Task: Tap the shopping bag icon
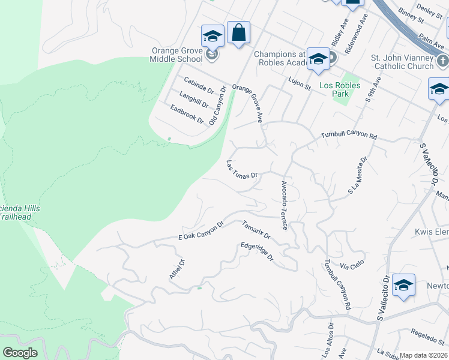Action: tap(238, 34)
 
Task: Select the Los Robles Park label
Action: tap(340, 89)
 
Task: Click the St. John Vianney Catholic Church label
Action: tap(402, 62)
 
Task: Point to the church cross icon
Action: tap(442, 61)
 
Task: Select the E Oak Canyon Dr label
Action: tap(201, 232)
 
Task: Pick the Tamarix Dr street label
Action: tap(256, 230)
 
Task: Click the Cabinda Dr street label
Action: tap(199, 85)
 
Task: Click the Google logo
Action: tap(20, 352)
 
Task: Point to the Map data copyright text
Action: tap(423, 355)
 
